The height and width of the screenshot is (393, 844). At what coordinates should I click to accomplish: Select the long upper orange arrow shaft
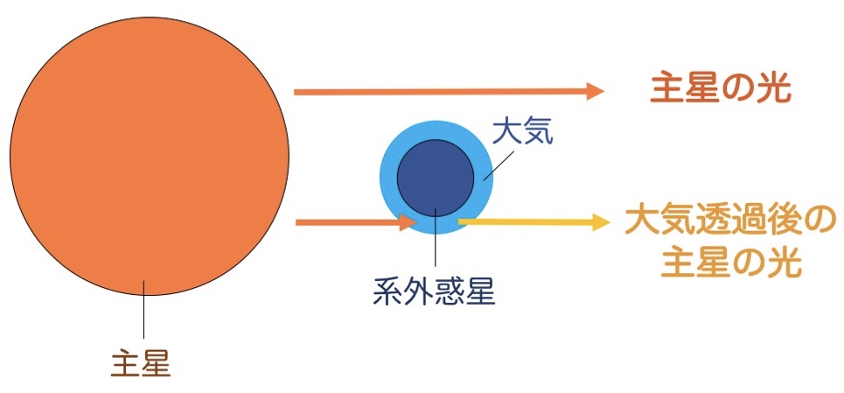tap(437, 91)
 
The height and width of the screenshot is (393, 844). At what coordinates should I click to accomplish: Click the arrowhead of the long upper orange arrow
tap(596, 91)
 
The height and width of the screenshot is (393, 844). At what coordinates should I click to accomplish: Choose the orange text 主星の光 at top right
tap(721, 88)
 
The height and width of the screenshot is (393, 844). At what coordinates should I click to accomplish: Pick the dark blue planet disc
tap(436, 176)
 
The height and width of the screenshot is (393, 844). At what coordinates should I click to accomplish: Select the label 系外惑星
tap(434, 289)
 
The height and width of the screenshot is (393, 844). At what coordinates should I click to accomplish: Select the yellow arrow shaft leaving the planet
tap(525, 223)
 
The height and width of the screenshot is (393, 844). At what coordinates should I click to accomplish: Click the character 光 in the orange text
tap(775, 88)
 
